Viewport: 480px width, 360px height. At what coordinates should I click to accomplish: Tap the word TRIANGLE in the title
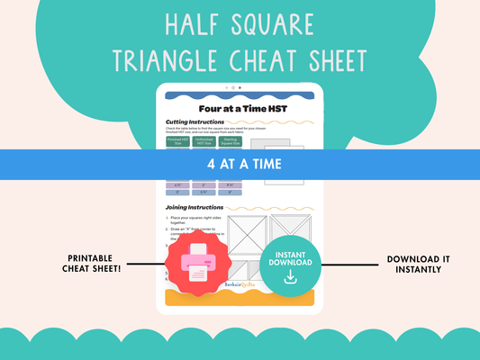tap(161, 60)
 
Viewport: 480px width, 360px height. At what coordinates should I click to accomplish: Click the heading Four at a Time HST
tap(240, 107)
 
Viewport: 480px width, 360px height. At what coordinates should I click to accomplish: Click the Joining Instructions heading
tap(197, 207)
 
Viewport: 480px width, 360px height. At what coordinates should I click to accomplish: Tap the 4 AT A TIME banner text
tap(240, 165)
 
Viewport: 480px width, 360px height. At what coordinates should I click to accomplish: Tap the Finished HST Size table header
tap(178, 143)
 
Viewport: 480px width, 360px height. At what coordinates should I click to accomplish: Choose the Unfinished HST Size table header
tap(205, 143)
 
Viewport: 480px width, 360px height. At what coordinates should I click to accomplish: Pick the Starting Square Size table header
tap(232, 143)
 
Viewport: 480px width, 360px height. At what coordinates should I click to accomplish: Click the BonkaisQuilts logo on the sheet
tap(240, 283)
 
